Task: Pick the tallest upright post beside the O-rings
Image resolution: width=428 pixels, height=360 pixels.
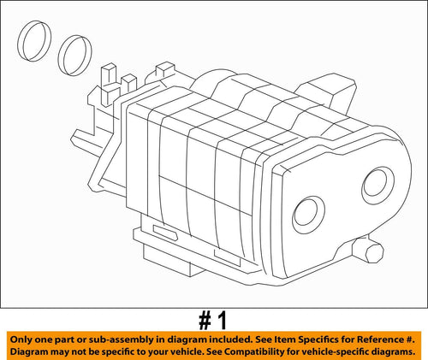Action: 109,76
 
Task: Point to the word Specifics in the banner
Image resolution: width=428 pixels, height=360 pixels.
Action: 295,338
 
